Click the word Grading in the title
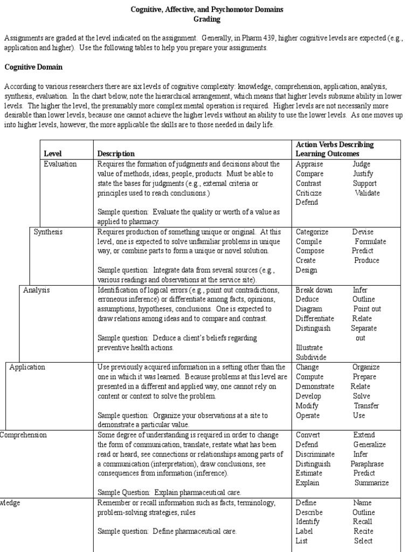pyautogui.click(x=207, y=19)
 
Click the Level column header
pyautogui.click(x=53, y=154)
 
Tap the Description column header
pyautogui.click(x=116, y=154)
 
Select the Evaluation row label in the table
pyautogui.click(x=60, y=164)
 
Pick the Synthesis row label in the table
pyautogui.click(x=48, y=232)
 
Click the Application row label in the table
pyautogui.click(x=27, y=367)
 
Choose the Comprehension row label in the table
pyautogui.click(x=23, y=435)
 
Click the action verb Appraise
pyautogui.click(x=309, y=164)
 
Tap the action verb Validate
pyautogui.click(x=367, y=193)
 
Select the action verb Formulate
pyautogui.click(x=370, y=241)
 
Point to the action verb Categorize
pyautogui.click(x=312, y=232)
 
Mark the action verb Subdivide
pyautogui.click(x=311, y=357)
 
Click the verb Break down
pyautogui.click(x=314, y=290)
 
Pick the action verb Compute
pyautogui.click(x=309, y=377)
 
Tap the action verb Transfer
pyautogui.click(x=366, y=406)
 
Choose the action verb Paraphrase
pyautogui.click(x=367, y=464)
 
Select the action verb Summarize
pyautogui.click(x=371, y=483)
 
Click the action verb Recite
pyautogui.click(x=363, y=532)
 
